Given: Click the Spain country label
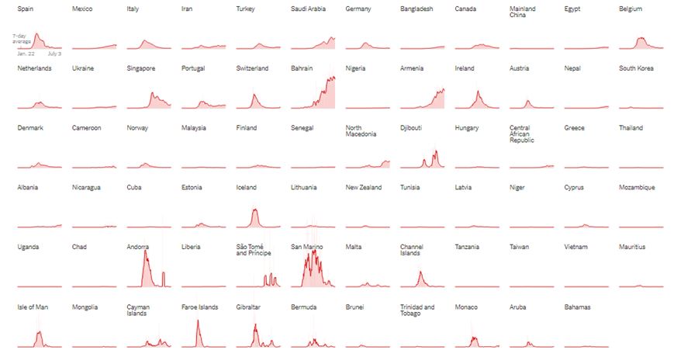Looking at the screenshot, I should coord(26,9).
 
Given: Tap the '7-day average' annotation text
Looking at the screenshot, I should coord(21,38).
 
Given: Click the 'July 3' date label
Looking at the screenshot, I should coord(54,54).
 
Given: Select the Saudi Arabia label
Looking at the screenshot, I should coord(308,9).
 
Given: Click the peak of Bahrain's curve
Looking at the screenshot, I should coord(333,77).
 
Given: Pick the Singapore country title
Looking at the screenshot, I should coord(141,68).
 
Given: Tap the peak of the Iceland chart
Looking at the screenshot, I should coord(255,210).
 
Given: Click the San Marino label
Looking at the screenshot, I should coord(307,247).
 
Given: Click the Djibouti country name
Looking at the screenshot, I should coord(412,128).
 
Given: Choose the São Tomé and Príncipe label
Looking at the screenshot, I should coord(255,250).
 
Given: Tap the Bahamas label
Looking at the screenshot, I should coord(578,307).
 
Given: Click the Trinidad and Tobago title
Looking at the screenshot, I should coord(417,310).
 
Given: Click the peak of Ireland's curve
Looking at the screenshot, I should coord(478,92).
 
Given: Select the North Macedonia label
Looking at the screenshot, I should coord(361,131).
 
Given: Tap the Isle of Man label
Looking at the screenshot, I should coord(33,307).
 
